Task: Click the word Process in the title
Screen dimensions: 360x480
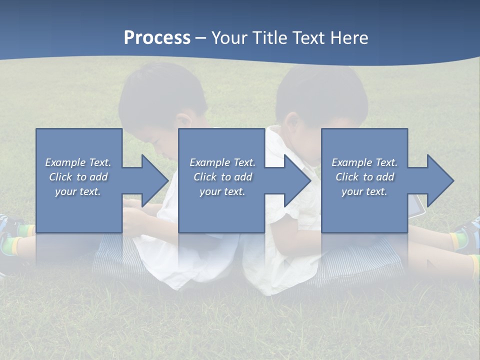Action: [157, 37]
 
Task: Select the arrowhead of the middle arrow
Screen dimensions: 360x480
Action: [296, 180]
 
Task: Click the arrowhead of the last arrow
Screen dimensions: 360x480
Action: [439, 180]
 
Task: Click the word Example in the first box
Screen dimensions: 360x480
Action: [65, 162]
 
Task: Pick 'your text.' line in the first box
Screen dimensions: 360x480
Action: [78, 191]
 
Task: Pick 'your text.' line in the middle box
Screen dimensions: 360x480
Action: [222, 191]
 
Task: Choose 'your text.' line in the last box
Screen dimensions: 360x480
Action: [364, 191]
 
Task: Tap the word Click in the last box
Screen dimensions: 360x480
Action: [347, 177]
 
